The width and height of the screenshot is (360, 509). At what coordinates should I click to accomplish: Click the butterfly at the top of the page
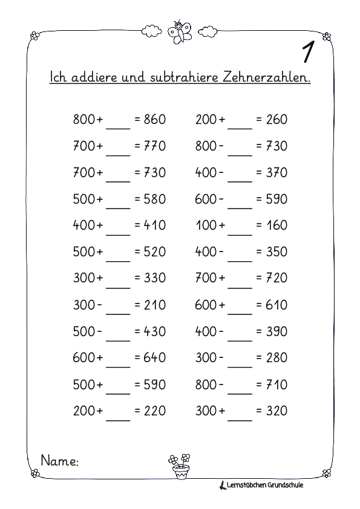[x=180, y=32]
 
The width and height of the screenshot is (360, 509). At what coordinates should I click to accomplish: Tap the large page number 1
[x=307, y=53]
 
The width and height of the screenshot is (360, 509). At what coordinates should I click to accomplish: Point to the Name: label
[x=59, y=461]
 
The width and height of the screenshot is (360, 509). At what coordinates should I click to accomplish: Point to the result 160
[x=277, y=225]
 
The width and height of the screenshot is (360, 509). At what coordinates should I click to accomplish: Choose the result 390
[x=277, y=331]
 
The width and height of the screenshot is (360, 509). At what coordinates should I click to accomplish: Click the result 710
[x=277, y=384]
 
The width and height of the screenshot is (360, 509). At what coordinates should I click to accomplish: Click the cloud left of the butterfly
[x=150, y=31]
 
